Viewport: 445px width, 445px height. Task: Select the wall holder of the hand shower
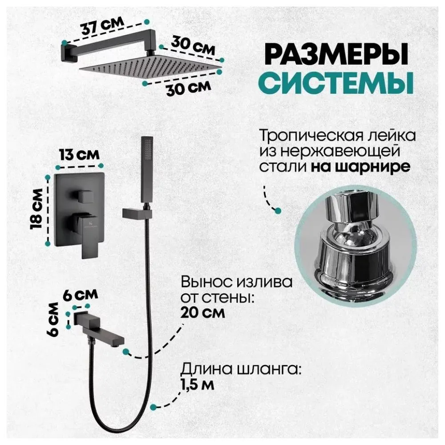pyautogui.click(x=134, y=214)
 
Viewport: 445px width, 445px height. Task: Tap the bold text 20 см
pyautogui.click(x=203, y=312)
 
